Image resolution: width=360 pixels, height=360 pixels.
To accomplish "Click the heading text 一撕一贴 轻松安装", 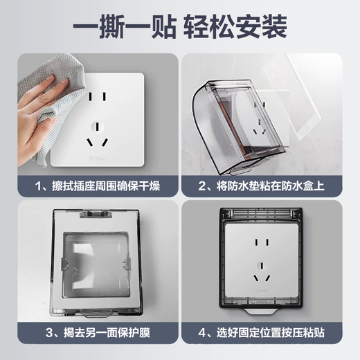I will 180,28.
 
